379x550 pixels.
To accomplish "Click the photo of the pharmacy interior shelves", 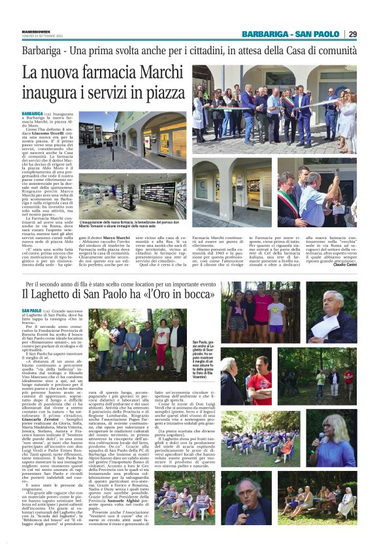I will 132,199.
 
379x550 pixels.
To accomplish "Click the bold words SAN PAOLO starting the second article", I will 32,310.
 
